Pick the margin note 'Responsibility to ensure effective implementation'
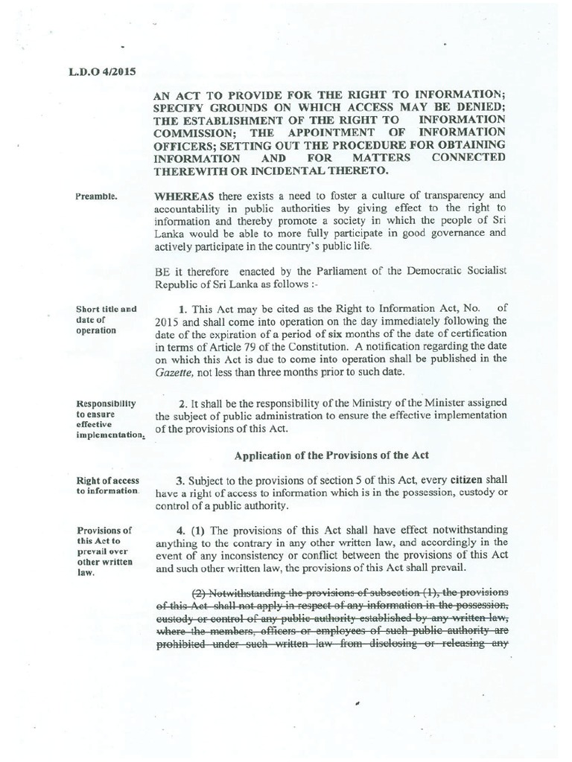[107, 419]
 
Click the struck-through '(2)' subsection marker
[199, 592]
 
